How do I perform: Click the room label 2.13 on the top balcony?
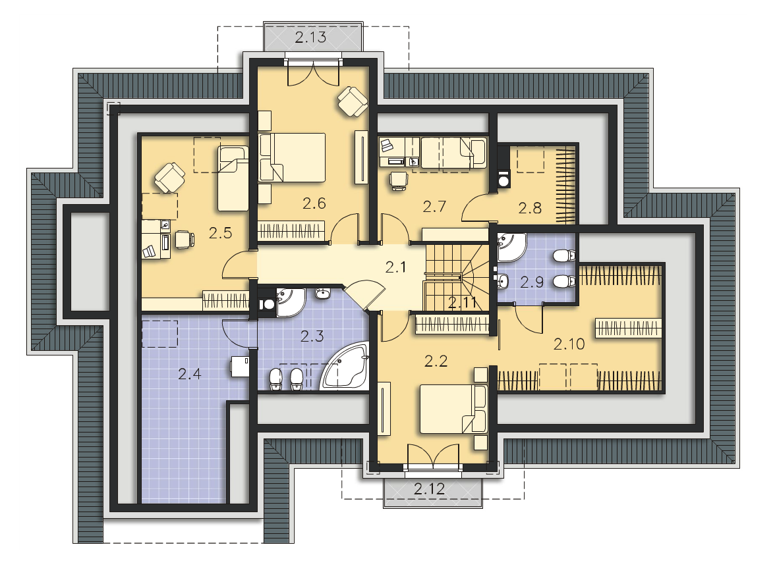(x=310, y=37)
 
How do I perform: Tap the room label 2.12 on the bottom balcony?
(x=429, y=488)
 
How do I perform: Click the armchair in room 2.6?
(x=353, y=101)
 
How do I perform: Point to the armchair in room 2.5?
(x=169, y=178)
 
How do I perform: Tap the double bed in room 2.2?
(x=453, y=409)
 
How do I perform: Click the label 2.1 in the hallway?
(x=395, y=267)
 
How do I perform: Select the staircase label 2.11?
(x=463, y=303)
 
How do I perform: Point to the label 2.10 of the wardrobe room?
(x=569, y=344)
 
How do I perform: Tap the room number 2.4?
(x=190, y=374)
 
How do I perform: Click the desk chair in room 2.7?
(x=398, y=180)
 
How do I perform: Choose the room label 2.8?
(x=530, y=208)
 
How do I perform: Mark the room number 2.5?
(x=220, y=232)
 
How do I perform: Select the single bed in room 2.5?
(x=233, y=178)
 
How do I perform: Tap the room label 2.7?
(x=434, y=206)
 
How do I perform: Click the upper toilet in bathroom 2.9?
(x=564, y=255)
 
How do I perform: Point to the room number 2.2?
(x=436, y=361)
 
